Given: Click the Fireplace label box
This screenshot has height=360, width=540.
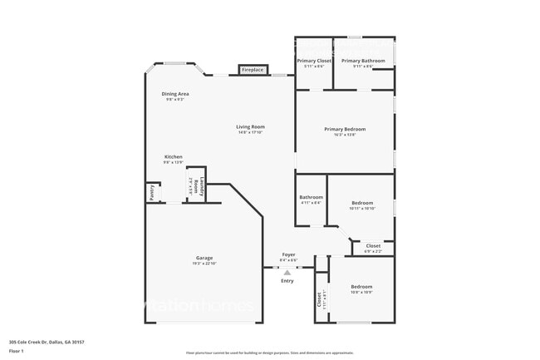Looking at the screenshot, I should tap(253, 70).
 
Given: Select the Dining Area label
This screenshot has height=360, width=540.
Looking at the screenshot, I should tap(175, 94).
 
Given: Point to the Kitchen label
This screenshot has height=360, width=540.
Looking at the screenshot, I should tap(173, 157).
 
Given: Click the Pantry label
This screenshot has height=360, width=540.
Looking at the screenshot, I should tap(152, 193).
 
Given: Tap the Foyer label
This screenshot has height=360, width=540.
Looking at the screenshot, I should tap(288, 254).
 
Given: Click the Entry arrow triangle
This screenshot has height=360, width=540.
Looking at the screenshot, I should tap(287, 272).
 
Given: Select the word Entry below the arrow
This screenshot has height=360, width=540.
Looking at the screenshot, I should tap(287, 281).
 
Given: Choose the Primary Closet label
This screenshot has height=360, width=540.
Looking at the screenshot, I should tap(314, 61).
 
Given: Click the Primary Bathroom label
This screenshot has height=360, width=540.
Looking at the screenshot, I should tap(363, 61).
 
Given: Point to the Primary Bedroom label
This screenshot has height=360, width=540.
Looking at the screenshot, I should tap(345, 129).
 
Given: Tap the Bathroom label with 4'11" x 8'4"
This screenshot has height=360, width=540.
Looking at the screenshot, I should tap(311, 197).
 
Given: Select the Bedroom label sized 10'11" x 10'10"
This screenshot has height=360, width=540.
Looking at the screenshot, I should tap(362, 203).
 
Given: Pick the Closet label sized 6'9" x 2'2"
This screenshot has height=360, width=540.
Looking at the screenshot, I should tap(373, 246).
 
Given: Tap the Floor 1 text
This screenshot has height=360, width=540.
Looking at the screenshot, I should tap(17, 351).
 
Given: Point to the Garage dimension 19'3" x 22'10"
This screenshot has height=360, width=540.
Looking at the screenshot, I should tap(204, 264).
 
